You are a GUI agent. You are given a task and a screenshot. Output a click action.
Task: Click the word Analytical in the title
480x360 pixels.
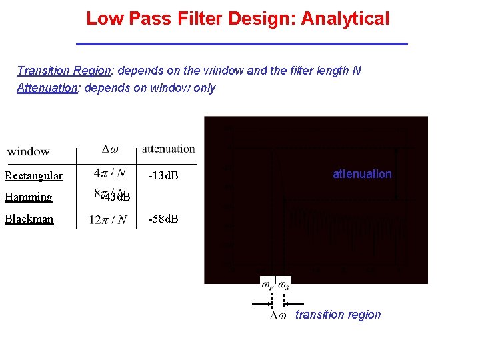coord(345,19)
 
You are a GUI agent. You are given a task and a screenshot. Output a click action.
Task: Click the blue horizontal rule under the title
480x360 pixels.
coord(241,44)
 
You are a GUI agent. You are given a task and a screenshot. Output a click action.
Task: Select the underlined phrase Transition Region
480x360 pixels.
coord(63,71)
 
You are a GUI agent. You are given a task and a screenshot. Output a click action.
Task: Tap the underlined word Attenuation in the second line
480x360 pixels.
coord(47,88)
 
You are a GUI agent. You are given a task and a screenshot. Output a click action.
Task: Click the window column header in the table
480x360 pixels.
coord(28,151)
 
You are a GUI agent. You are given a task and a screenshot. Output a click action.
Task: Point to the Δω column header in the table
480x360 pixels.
coord(111,149)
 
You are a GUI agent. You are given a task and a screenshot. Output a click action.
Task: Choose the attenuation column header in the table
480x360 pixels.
coord(168,149)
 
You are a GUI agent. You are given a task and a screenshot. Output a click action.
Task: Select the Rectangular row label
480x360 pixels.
coord(33,176)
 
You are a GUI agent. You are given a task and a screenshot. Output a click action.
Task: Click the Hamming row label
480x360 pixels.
coord(28,197)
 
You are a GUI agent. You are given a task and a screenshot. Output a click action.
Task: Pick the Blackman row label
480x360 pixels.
coord(29,219)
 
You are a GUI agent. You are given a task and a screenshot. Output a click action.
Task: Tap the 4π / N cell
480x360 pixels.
coord(110,173)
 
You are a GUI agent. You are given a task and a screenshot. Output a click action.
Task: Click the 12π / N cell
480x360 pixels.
coord(109,219)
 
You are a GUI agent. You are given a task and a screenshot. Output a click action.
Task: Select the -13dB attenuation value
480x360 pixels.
coord(163,176)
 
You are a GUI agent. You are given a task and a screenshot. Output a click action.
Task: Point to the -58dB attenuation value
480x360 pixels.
coord(163,219)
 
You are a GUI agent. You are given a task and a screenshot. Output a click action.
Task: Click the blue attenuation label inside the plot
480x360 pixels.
coord(362,174)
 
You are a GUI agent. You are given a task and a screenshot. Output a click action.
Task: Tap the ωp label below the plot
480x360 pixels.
coord(267,285)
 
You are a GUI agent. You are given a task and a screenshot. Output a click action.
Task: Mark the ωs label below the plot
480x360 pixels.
coord(283,285)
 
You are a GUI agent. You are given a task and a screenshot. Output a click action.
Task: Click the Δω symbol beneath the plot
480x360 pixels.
coord(278,315)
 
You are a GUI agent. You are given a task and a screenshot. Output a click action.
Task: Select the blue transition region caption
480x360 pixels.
coord(338,315)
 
